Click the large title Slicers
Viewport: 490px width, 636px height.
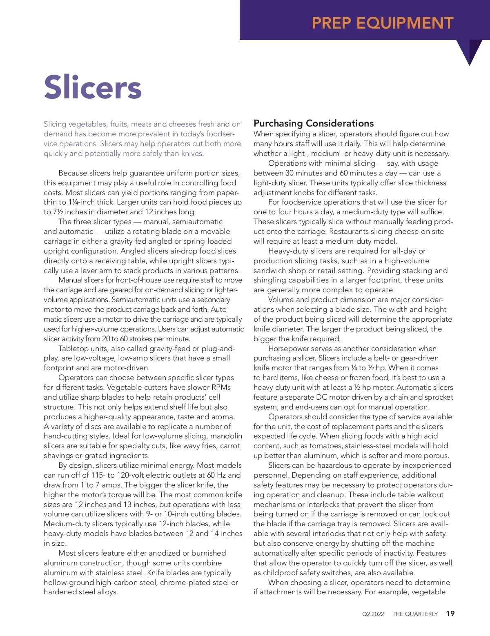tap(93, 87)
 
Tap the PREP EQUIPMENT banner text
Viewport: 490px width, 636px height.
tap(383, 23)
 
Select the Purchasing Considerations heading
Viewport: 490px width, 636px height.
tap(314, 123)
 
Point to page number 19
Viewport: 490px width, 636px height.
tap(450, 614)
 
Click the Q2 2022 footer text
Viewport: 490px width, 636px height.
tap(373, 614)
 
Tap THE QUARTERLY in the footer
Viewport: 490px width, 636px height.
tap(415, 614)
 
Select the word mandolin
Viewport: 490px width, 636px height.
tap(226, 436)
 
